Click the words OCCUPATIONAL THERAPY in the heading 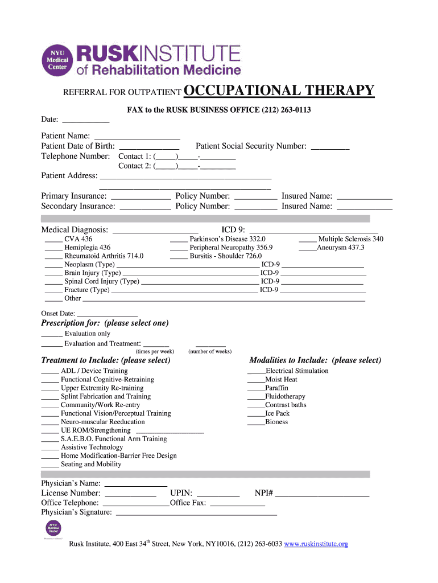coord(279,91)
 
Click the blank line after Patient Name coord(137,137)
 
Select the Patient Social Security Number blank coord(330,147)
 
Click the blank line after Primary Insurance coord(141,196)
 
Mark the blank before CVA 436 coord(53,240)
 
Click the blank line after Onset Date coord(107,314)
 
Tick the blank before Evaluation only coord(52,335)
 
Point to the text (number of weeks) coord(210,351)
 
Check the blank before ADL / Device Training coord(50,372)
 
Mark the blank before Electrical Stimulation coord(257,372)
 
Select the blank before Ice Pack coord(256,414)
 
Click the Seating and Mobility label coord(91,464)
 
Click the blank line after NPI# coord(323,494)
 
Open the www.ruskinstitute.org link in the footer coord(316,544)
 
